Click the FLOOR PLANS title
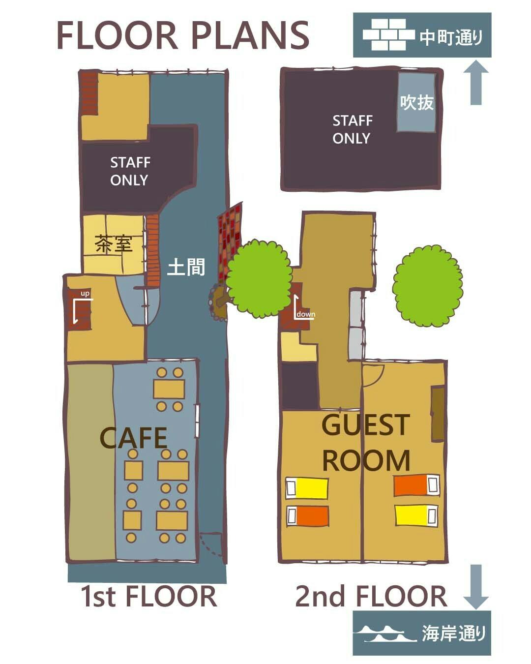(183, 35)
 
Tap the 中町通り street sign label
(451, 38)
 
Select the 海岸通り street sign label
(453, 634)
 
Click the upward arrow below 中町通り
(476, 82)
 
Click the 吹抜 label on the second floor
(416, 102)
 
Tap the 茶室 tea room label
(114, 244)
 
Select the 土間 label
(186, 267)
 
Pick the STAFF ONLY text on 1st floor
(130, 171)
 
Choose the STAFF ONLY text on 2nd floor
(353, 129)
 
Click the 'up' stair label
(85, 294)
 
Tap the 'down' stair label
(306, 314)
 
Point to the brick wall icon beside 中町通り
(388, 34)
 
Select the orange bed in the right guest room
(416, 486)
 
